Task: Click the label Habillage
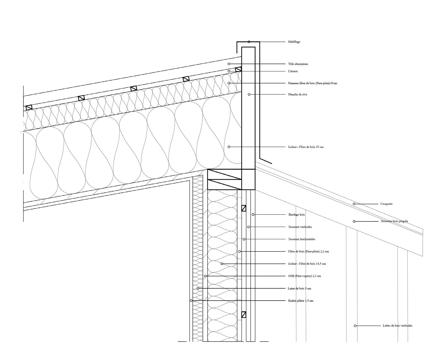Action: pos(294,42)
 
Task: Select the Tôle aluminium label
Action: pos(298,64)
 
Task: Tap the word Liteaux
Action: pos(293,71)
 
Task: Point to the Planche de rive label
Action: pos(298,95)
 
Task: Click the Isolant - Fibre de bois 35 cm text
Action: pos(306,147)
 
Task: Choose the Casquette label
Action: pos(386,204)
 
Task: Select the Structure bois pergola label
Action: pos(394,221)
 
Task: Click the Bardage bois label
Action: pos(296,215)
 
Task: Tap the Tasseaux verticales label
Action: pos(300,227)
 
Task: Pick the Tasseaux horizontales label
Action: pos(302,239)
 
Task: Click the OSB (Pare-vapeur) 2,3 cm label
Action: pos(305,276)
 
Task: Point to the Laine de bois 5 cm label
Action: pos(299,288)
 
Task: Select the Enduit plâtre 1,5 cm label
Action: pos(301,301)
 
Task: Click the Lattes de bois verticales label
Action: pos(397,325)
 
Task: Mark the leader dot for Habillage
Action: pos(249,42)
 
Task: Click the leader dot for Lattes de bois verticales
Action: pos(355,326)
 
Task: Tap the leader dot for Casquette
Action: pos(354,204)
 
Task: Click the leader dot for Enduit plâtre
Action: pos(191,301)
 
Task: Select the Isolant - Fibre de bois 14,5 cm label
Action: pos(307,264)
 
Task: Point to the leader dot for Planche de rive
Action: pos(249,95)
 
